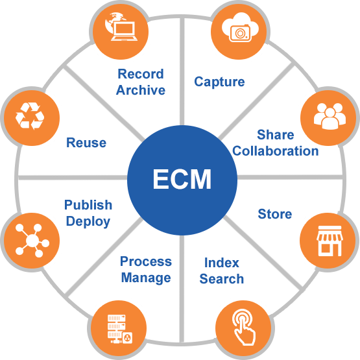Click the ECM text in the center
tap(182, 179)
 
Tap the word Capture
tap(219, 82)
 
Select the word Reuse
tap(86, 143)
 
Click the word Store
tap(275, 214)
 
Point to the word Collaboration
tap(276, 151)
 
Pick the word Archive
tap(141, 90)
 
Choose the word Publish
tap(88, 205)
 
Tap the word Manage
tap(146, 278)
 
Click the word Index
tap(222, 263)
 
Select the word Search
tap(222, 279)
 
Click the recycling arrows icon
tap(30, 116)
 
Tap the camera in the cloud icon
tap(240, 27)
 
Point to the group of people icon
tap(330, 116)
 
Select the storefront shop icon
tap(330, 241)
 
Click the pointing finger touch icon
tap(244, 327)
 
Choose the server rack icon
tap(120, 329)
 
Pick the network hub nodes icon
tap(32, 241)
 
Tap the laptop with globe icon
tap(121, 27)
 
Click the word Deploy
tap(88, 222)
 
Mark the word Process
tap(146, 261)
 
